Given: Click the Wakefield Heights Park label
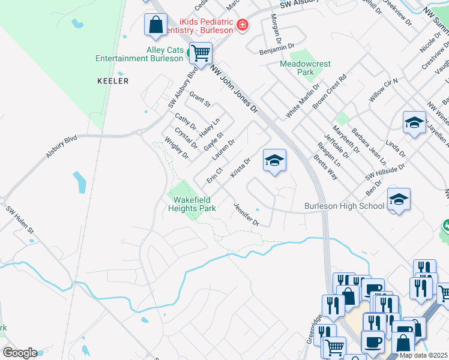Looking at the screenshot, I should coord(194,204).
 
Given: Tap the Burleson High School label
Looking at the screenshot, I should coord(344,206).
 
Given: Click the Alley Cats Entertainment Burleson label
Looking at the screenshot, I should coord(139,54).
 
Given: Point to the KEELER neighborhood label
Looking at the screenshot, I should coord(113,80).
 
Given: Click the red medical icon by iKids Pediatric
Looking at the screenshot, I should coord(242,25).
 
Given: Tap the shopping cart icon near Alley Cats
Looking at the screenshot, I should coord(200,52).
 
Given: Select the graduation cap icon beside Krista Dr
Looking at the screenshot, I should coord(274,160).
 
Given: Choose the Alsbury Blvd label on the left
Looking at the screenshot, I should coord(62,147).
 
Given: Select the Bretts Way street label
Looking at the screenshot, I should coord(325,167).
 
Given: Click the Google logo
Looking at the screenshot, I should coord(20,353).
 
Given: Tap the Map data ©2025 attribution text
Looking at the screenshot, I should coord(423,355).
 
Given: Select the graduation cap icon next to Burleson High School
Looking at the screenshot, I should coord(399,200).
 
